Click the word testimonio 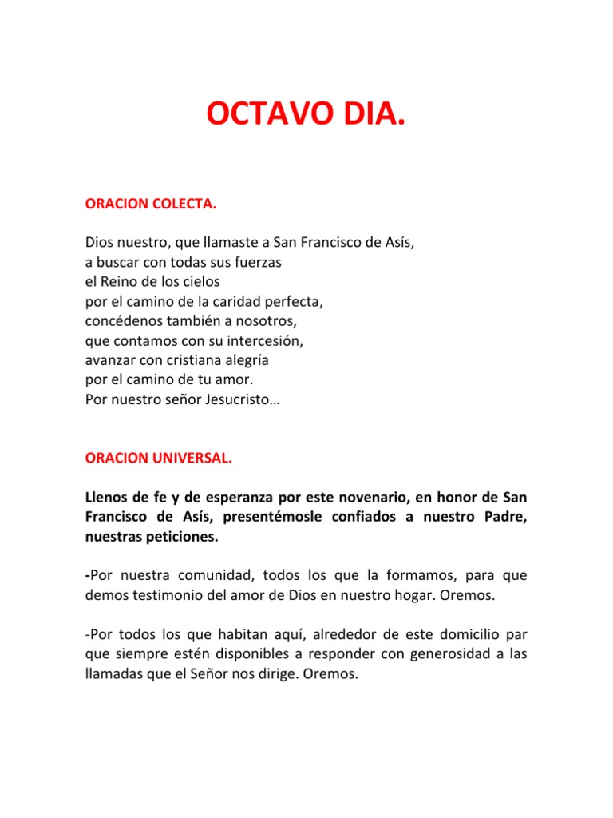165,595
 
